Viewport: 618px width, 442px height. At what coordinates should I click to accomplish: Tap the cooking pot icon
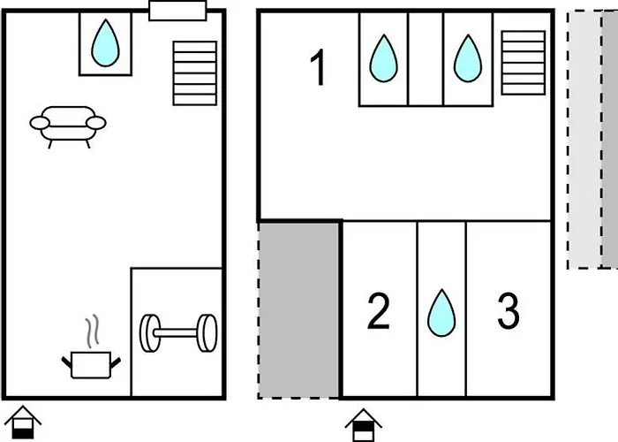pos(90,362)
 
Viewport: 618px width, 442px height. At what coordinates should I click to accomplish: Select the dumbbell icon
pos(177,333)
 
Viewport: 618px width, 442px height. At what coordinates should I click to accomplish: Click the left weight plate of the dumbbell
pos(149,333)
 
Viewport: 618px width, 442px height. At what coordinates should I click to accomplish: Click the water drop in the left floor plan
pos(105,43)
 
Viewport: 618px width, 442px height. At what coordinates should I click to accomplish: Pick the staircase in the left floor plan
pos(194,72)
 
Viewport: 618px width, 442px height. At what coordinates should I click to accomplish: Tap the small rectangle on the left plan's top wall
pos(177,11)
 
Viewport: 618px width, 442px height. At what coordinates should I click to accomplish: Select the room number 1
pos(318,69)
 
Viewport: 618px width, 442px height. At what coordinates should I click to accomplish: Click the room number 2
pos(378,311)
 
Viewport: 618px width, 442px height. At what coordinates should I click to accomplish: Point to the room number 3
pos(508,311)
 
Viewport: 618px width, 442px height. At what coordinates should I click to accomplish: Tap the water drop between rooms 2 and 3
pos(441,314)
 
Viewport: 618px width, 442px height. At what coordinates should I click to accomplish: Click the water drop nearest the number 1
pos(383,58)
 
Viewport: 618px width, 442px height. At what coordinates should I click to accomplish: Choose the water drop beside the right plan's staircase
pos(468,58)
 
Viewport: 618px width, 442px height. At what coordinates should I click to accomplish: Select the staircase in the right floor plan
pos(523,62)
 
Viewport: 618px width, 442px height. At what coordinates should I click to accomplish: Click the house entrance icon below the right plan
pos(363,424)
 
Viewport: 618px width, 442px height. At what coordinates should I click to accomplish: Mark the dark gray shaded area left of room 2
pos(299,309)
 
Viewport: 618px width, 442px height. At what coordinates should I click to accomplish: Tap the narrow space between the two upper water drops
pos(426,58)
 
